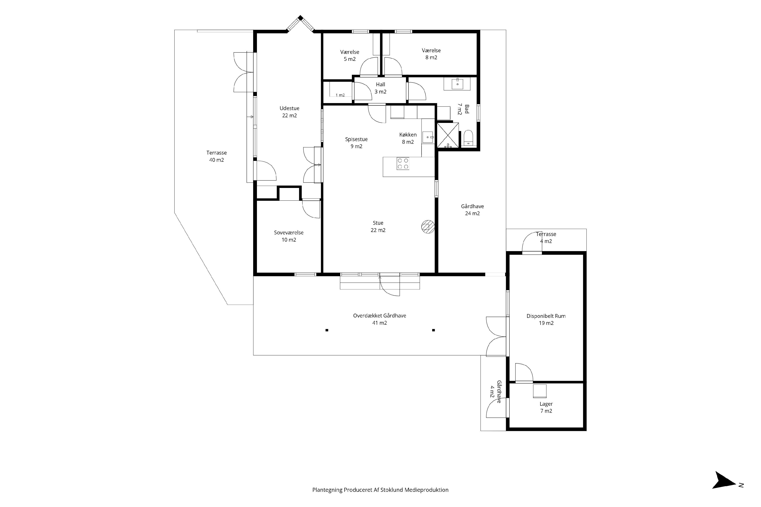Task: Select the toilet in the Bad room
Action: (468, 138)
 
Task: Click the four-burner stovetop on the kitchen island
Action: (403, 164)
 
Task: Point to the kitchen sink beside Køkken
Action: (428, 138)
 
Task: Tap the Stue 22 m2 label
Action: (378, 226)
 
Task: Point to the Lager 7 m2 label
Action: (546, 407)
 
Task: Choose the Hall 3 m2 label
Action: (380, 88)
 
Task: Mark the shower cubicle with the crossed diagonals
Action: (448, 135)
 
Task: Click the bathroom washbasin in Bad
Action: (457, 84)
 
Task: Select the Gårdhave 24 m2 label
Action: (472, 210)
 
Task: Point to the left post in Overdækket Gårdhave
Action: (327, 330)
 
